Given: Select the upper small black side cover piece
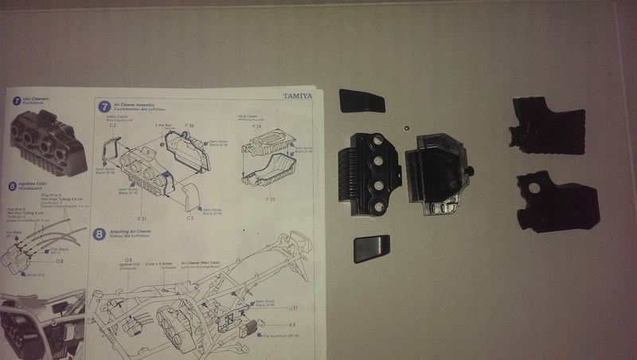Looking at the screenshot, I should [362, 102].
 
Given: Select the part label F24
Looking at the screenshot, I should [256, 126].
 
